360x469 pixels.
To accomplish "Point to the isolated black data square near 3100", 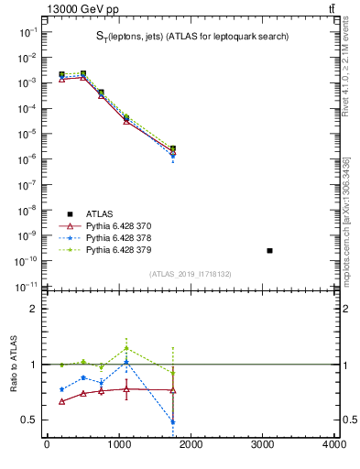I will coord(269,250).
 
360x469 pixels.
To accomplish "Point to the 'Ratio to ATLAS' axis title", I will coord(14,364).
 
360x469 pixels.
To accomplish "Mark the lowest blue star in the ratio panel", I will coord(172,422).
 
